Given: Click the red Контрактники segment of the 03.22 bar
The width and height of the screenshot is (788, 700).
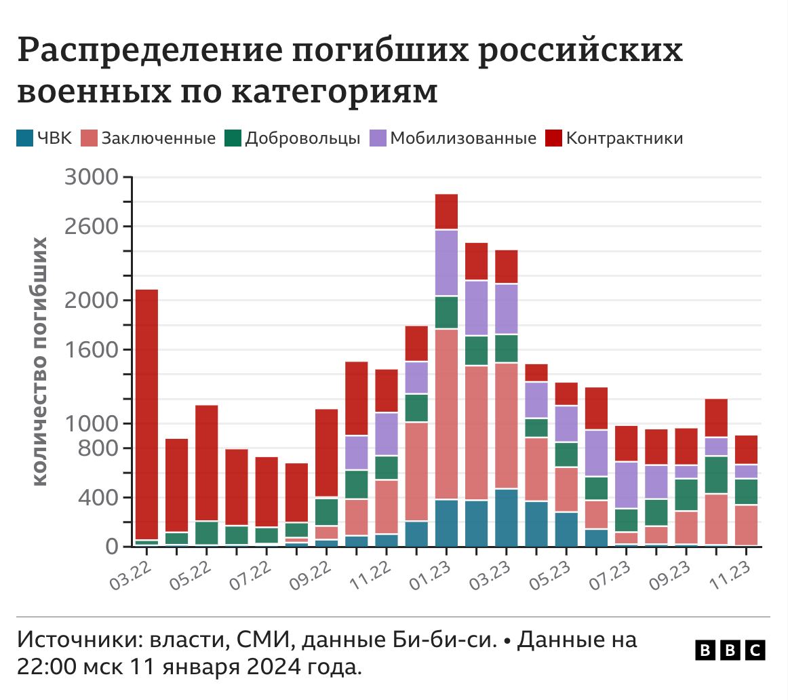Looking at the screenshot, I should tap(146, 414).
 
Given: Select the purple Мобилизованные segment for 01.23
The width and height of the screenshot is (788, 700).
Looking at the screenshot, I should tap(446, 263).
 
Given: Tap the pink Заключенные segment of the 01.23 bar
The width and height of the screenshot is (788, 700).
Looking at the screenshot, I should tap(446, 414).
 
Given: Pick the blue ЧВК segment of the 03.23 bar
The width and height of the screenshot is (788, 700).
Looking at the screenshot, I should tap(506, 517).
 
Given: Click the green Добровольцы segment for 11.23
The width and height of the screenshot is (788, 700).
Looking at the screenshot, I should tap(746, 492).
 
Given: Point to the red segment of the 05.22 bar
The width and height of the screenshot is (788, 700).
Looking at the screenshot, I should tap(206, 463).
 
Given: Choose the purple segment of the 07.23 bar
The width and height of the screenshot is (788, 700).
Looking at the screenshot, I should tap(626, 485).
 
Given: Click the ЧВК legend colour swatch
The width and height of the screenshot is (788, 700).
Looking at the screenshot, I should tap(25, 139).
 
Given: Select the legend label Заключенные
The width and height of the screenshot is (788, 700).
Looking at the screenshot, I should tap(158, 139).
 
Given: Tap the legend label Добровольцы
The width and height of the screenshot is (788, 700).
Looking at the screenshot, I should tap(302, 139).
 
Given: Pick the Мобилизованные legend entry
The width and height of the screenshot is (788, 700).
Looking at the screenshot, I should tap(463, 139).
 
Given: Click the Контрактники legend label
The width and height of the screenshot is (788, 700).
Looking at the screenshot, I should tap(624, 139).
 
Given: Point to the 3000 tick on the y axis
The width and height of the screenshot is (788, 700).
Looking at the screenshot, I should tap(91, 178).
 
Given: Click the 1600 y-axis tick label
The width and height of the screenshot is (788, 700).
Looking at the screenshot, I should tap(91, 350).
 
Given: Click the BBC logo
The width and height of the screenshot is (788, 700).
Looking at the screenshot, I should tap(730, 650).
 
